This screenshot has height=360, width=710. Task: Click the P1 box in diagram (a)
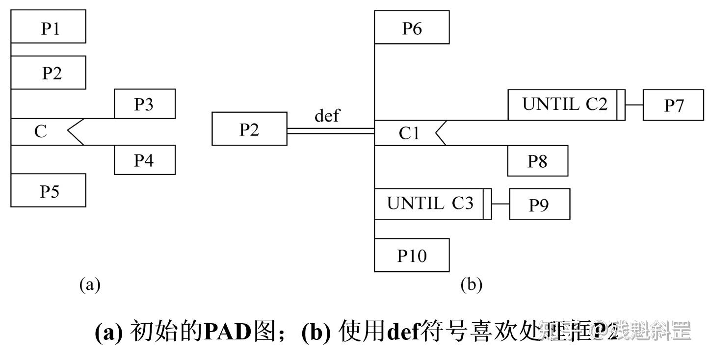click(x=49, y=27)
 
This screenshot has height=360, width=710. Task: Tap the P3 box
click(x=145, y=104)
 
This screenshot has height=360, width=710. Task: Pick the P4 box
click(x=145, y=160)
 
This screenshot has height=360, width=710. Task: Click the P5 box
click(x=49, y=190)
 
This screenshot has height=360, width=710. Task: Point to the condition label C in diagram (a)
click(x=40, y=131)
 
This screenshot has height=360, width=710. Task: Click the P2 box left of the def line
click(x=249, y=129)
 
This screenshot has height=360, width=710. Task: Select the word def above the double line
click(x=327, y=116)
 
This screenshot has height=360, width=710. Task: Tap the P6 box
click(x=412, y=27)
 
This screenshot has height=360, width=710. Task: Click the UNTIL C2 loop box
click(x=564, y=104)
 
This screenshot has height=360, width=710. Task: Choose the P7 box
click(x=673, y=105)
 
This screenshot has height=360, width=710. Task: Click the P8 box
click(x=538, y=161)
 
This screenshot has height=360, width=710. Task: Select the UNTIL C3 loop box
click(x=430, y=204)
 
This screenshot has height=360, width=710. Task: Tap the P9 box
click(x=540, y=204)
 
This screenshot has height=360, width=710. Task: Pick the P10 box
click(x=412, y=255)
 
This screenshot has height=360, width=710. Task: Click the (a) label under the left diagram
click(x=90, y=284)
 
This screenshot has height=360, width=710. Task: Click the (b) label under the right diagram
click(x=471, y=284)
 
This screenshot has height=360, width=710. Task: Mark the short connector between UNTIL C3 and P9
click(x=500, y=204)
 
